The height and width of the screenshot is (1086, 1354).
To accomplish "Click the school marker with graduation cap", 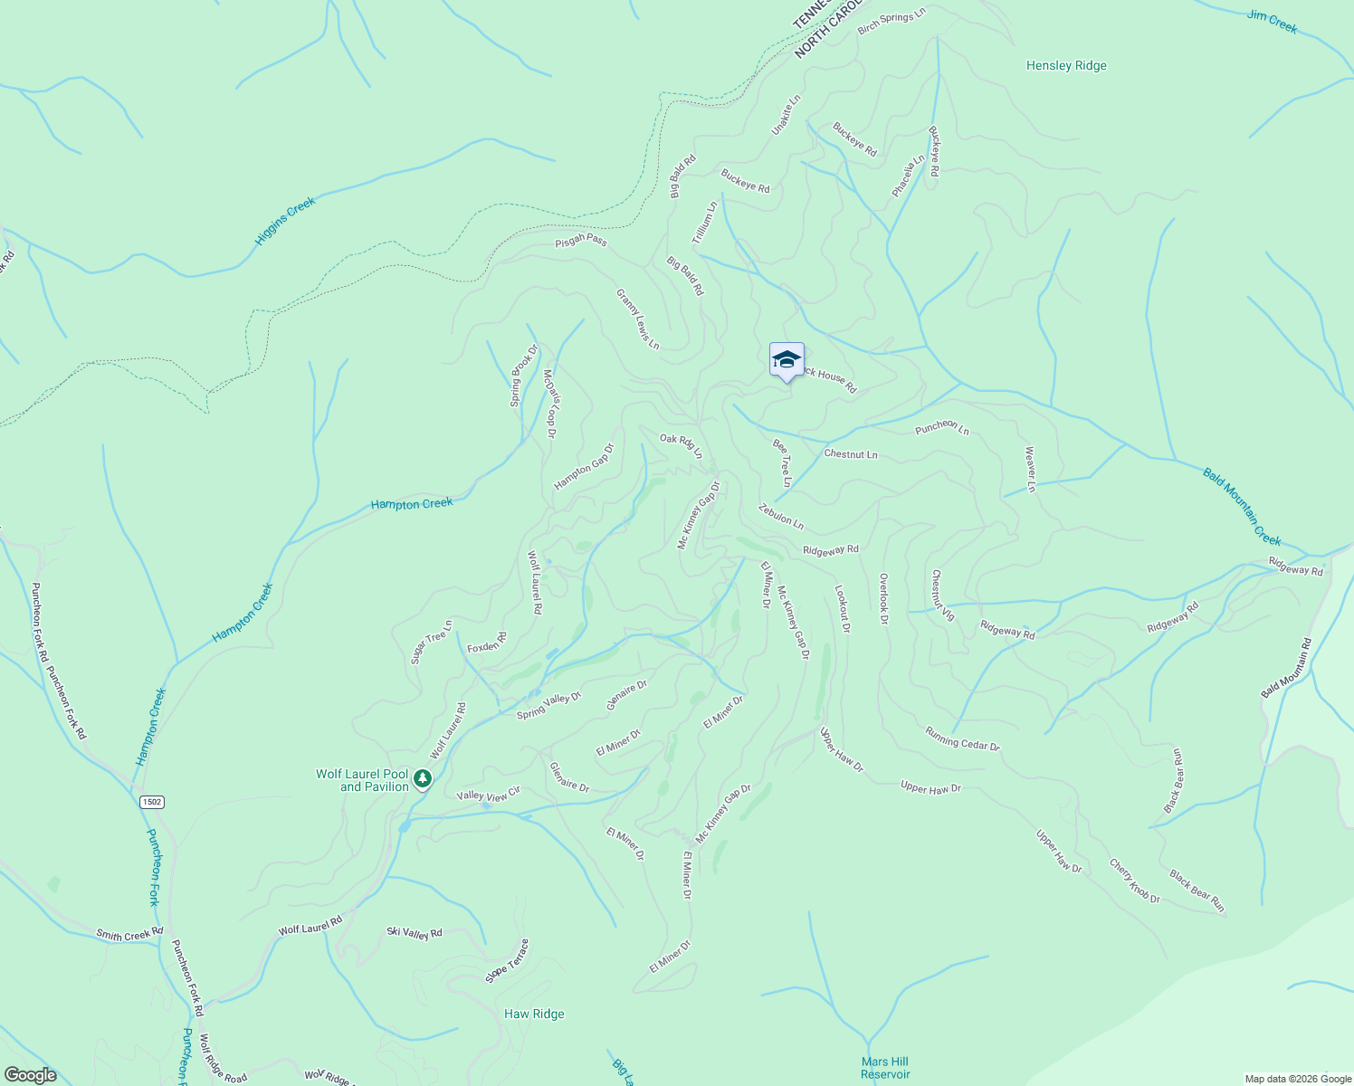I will coord(787,360).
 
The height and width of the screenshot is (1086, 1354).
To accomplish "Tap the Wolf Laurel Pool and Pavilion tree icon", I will coord(422,778).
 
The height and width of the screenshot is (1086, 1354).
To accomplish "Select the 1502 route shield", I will coord(151,802).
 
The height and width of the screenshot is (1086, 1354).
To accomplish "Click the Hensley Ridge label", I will coord(1066,65).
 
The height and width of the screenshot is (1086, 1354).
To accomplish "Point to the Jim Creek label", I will coord(1272,22).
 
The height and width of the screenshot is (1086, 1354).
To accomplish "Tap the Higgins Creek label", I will coord(285,221).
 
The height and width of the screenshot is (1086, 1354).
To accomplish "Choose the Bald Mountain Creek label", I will coord(1242,506).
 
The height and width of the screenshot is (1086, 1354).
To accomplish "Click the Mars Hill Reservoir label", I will coord(885,1068).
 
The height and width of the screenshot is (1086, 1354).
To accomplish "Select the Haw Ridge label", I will coord(534,1014).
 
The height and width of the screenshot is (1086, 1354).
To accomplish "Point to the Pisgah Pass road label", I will coord(581,241).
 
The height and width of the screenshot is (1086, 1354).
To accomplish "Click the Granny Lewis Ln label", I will coord(638,319).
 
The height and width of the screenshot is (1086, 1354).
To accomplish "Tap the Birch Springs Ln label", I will coord(892,21).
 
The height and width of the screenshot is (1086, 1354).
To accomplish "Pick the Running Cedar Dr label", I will coord(962,738).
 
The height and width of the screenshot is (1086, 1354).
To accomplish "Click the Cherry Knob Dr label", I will coord(1135,881).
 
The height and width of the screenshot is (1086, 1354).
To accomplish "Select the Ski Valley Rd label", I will coord(415,933).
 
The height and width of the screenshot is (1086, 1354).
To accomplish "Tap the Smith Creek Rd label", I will coord(129,934).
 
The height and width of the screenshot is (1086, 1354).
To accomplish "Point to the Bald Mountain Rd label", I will coord(1286,668).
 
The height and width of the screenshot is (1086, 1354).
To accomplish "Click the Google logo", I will coord(31,1075).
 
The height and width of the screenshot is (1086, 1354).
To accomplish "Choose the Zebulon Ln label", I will coord(781,517).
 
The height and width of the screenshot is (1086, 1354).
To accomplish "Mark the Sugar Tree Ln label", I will coord(431,642).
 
